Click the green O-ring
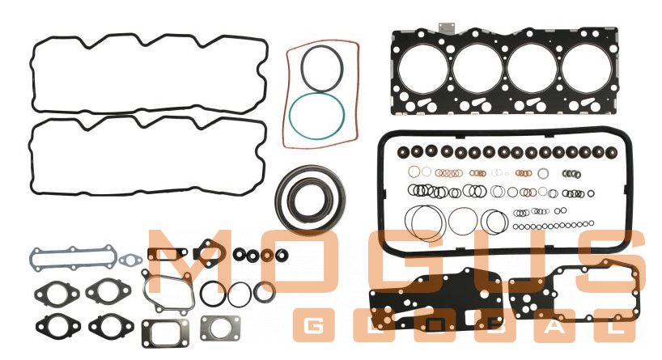tap(316, 116)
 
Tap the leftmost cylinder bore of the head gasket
tap(422, 68)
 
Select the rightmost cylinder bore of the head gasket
tap(587, 68)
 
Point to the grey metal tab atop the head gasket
tap(448, 28)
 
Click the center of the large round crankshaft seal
tap(310, 198)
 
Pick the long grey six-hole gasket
tap(73, 258)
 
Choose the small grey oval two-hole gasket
tap(129, 260)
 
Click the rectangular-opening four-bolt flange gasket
tap(165, 332)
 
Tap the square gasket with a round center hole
tap(220, 328)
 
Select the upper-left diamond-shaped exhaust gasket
tap(57, 293)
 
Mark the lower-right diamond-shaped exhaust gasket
tap(111, 326)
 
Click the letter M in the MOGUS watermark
tap(189, 261)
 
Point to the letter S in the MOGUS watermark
tap(616, 261)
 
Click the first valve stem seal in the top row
tap(403, 151)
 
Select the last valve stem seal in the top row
tap(611, 153)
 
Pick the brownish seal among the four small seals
tap(267, 255)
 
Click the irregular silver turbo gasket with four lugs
tap(168, 291)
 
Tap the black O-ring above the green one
tap(322, 68)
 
